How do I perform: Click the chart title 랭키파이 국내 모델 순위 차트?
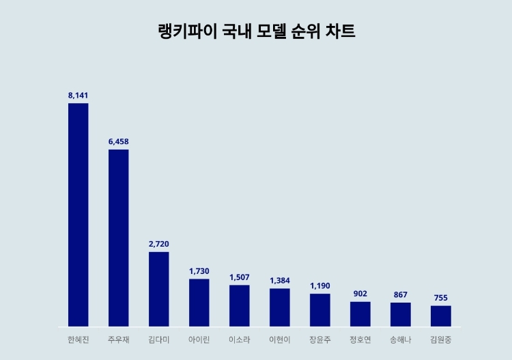pyautogui.click(x=256, y=32)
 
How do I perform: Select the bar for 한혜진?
pyautogui.click(x=78, y=214)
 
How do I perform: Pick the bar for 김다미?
pyautogui.click(x=158, y=289)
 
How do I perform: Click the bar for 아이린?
pyautogui.click(x=199, y=303)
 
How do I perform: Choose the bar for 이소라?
pyautogui.click(x=239, y=305)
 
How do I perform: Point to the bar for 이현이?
pyautogui.click(x=279, y=307)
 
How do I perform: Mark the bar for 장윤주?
pyautogui.click(x=319, y=310)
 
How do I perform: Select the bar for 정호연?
pyautogui.click(x=360, y=314)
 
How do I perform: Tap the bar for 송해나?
pyautogui.click(x=400, y=314)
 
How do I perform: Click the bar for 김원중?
pyautogui.click(x=440, y=316)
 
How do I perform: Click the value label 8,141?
pyautogui.click(x=78, y=95)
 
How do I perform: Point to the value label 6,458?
pyautogui.click(x=118, y=141)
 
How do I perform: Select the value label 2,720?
pyautogui.click(x=158, y=244)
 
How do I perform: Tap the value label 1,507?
pyautogui.click(x=239, y=277)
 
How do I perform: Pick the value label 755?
pyautogui.click(x=440, y=298)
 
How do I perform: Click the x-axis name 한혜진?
pyautogui.click(x=78, y=340)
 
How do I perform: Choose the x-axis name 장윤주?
pyautogui.click(x=319, y=340)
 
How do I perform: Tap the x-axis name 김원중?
pyautogui.click(x=440, y=340)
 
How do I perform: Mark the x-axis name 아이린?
pyautogui.click(x=199, y=340)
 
